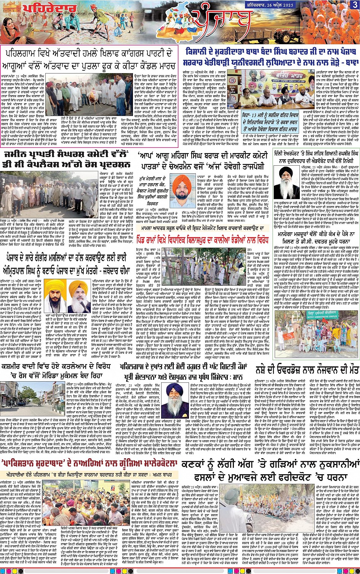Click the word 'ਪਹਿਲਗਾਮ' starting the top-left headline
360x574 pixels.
coord(23,52)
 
